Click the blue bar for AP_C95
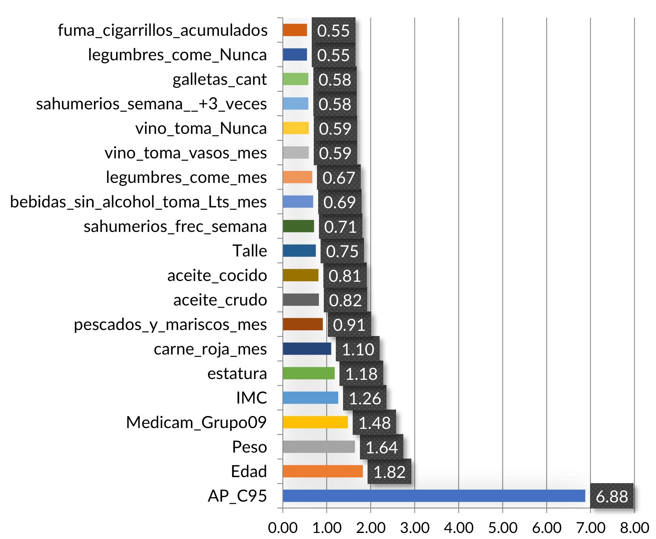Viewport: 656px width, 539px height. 434,496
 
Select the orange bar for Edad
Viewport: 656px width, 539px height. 323,471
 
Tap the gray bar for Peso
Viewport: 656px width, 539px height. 319,447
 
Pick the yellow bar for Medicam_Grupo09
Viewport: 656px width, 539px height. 315,422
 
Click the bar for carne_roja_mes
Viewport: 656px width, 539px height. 307,348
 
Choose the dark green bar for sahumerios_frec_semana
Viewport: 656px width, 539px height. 298,226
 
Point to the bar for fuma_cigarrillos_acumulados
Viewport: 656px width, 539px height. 295,30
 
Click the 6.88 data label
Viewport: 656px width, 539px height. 611,496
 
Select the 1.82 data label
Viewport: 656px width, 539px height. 389,472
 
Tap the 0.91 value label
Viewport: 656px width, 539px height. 349,325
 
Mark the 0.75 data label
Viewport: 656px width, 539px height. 342,251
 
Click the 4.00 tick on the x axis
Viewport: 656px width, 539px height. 459,527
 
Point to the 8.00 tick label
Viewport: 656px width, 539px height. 634,527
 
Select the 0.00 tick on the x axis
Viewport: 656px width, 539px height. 283,527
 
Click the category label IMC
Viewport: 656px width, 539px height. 251,398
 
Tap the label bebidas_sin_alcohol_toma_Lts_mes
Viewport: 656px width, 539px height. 138,202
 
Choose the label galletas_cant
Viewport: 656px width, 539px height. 219,80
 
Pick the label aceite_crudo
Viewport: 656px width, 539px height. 220,300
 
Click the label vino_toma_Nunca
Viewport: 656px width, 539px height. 201,129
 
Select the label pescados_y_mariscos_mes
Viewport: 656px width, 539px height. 170,325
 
